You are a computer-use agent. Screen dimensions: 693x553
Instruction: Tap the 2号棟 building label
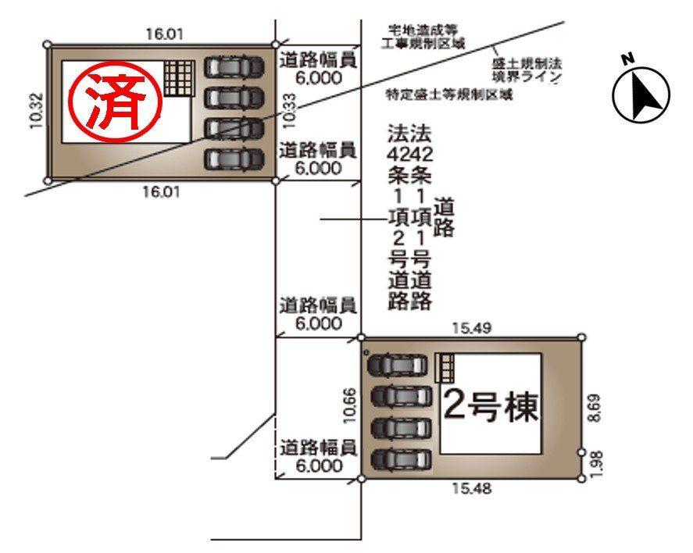click(491, 405)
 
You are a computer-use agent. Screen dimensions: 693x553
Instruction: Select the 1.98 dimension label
click(598, 464)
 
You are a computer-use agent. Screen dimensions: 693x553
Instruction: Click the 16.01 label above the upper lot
click(164, 34)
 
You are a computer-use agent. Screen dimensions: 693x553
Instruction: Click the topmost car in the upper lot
click(233, 68)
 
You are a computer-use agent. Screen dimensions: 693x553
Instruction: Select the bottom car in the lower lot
click(400, 459)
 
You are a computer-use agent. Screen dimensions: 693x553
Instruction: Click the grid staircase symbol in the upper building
click(177, 78)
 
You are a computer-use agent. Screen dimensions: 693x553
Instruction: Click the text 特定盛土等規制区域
click(450, 95)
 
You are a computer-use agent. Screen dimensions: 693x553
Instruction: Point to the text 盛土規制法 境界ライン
click(527, 70)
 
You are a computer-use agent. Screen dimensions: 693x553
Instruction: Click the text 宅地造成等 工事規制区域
click(423, 37)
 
